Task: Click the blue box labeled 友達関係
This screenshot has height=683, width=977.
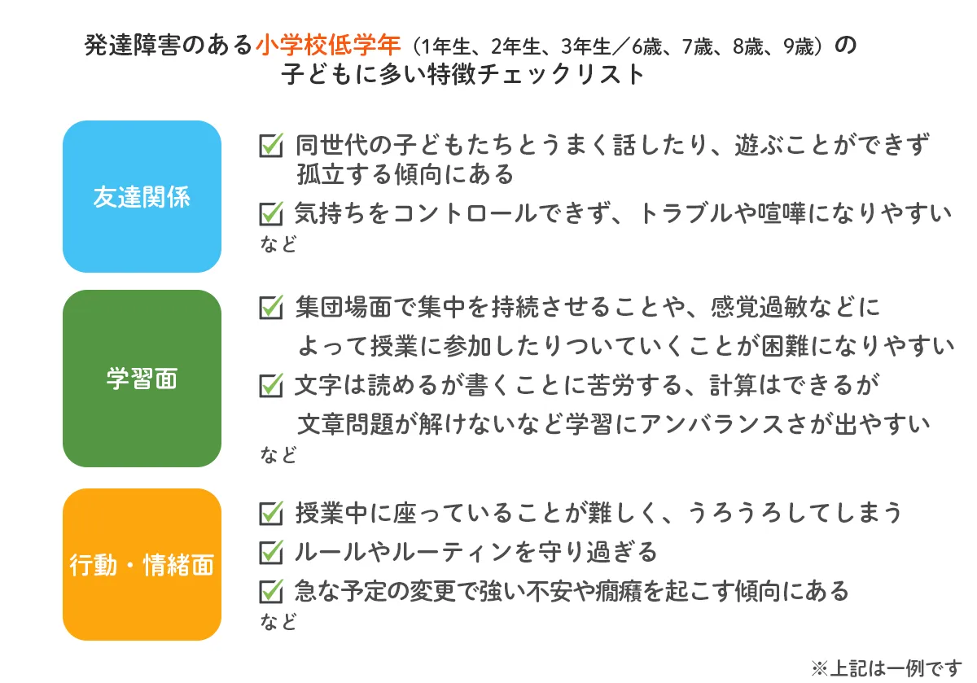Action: click(142, 196)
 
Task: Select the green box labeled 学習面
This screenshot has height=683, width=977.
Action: click(142, 379)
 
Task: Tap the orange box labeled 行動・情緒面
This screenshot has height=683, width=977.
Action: click(142, 564)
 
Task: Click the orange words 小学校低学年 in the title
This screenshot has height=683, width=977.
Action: click(328, 46)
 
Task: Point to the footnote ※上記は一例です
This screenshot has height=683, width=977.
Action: click(887, 668)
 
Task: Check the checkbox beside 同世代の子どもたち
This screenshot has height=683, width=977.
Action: click(271, 145)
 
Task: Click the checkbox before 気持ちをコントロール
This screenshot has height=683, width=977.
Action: click(271, 213)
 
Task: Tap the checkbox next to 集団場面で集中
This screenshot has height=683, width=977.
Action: click(271, 307)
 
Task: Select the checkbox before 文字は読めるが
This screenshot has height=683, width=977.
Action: click(271, 385)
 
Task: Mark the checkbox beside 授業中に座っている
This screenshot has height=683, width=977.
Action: click(271, 513)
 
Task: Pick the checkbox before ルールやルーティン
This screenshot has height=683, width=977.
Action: click(271, 552)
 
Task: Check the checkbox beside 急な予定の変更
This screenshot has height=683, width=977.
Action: click(271, 591)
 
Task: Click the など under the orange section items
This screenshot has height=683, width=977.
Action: click(278, 621)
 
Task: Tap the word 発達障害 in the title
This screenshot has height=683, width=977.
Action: click(132, 46)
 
